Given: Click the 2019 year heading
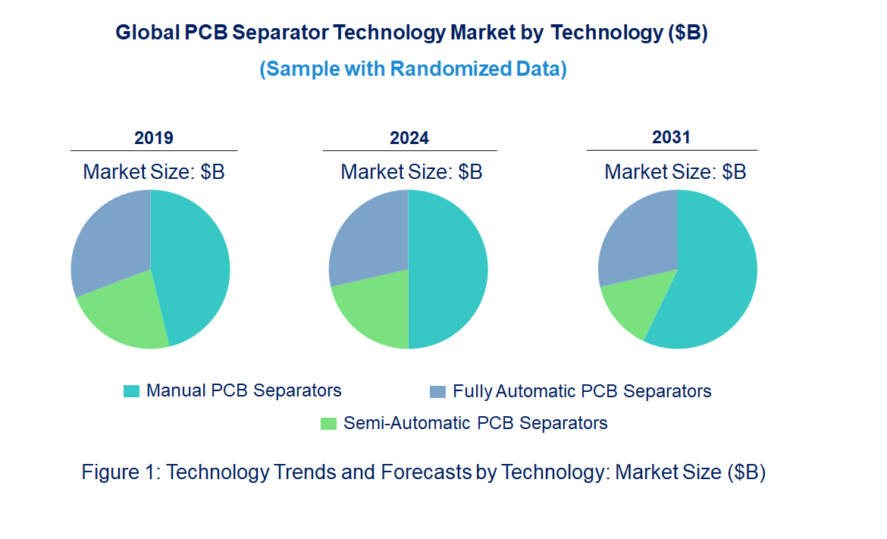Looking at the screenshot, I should point(154,138).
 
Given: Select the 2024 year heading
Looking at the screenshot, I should point(409,138).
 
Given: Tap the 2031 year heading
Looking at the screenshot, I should point(672,137).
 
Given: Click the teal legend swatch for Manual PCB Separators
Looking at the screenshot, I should point(131,391).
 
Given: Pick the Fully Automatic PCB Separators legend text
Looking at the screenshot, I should point(581,391).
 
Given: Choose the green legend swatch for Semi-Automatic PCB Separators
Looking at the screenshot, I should point(328,423).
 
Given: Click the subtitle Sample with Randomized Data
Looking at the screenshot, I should point(413,69).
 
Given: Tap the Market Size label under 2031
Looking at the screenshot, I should point(675,172).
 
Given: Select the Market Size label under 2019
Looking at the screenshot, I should point(154,172).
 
